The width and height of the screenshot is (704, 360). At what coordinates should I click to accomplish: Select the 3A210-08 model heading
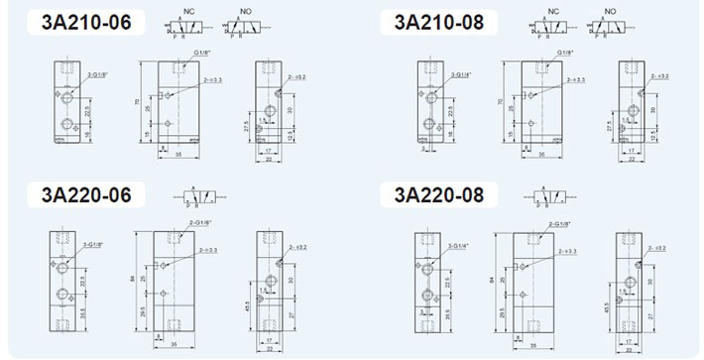[x=437, y=22]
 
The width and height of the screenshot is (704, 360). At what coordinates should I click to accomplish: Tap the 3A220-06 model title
[x=86, y=193]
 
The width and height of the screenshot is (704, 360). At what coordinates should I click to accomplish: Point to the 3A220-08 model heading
[x=438, y=193]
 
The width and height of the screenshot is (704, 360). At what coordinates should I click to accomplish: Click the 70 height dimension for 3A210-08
[x=500, y=101]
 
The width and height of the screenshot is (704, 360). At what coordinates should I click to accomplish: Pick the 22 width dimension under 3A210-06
[x=270, y=157]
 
